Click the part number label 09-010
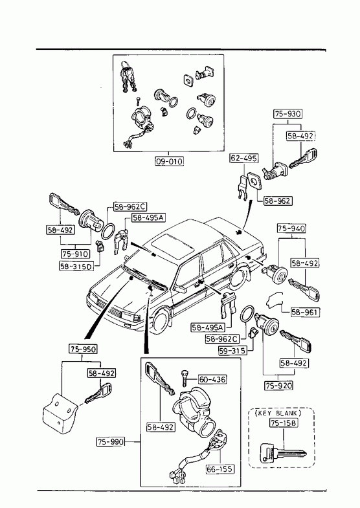pyautogui.click(x=169, y=161)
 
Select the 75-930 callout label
pyautogui.click(x=287, y=114)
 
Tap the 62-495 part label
pyautogui.click(x=244, y=158)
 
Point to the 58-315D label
pyautogui.click(x=76, y=267)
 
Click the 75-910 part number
pyautogui.click(x=75, y=254)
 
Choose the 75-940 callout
pyautogui.click(x=291, y=228)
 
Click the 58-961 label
pyautogui.click(x=304, y=313)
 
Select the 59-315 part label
pyautogui.click(x=232, y=351)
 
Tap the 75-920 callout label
pyautogui.click(x=278, y=386)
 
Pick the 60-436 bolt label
pyautogui.click(x=212, y=379)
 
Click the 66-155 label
pyautogui.click(x=220, y=469)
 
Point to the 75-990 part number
pyautogui.click(x=111, y=441)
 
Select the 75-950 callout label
pyautogui.click(x=83, y=349)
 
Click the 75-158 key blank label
pyautogui.click(x=284, y=423)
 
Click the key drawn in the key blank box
pyautogui.click(x=282, y=454)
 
